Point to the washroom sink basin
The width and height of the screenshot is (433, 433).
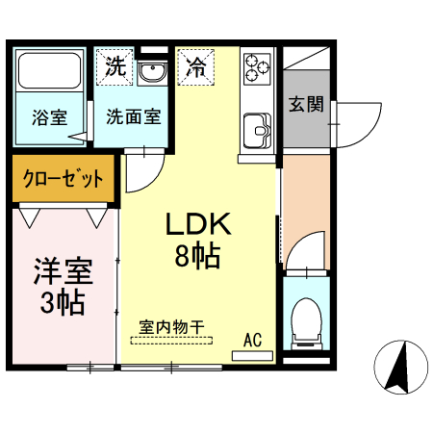[152, 71]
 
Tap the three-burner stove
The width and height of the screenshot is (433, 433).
[258, 67]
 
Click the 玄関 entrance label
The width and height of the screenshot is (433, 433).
[306, 104]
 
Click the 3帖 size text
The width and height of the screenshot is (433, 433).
[63, 302]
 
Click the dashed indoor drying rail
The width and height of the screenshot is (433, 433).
[174, 339]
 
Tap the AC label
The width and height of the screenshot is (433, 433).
[253, 338]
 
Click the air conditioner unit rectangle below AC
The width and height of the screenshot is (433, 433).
[253, 354]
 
